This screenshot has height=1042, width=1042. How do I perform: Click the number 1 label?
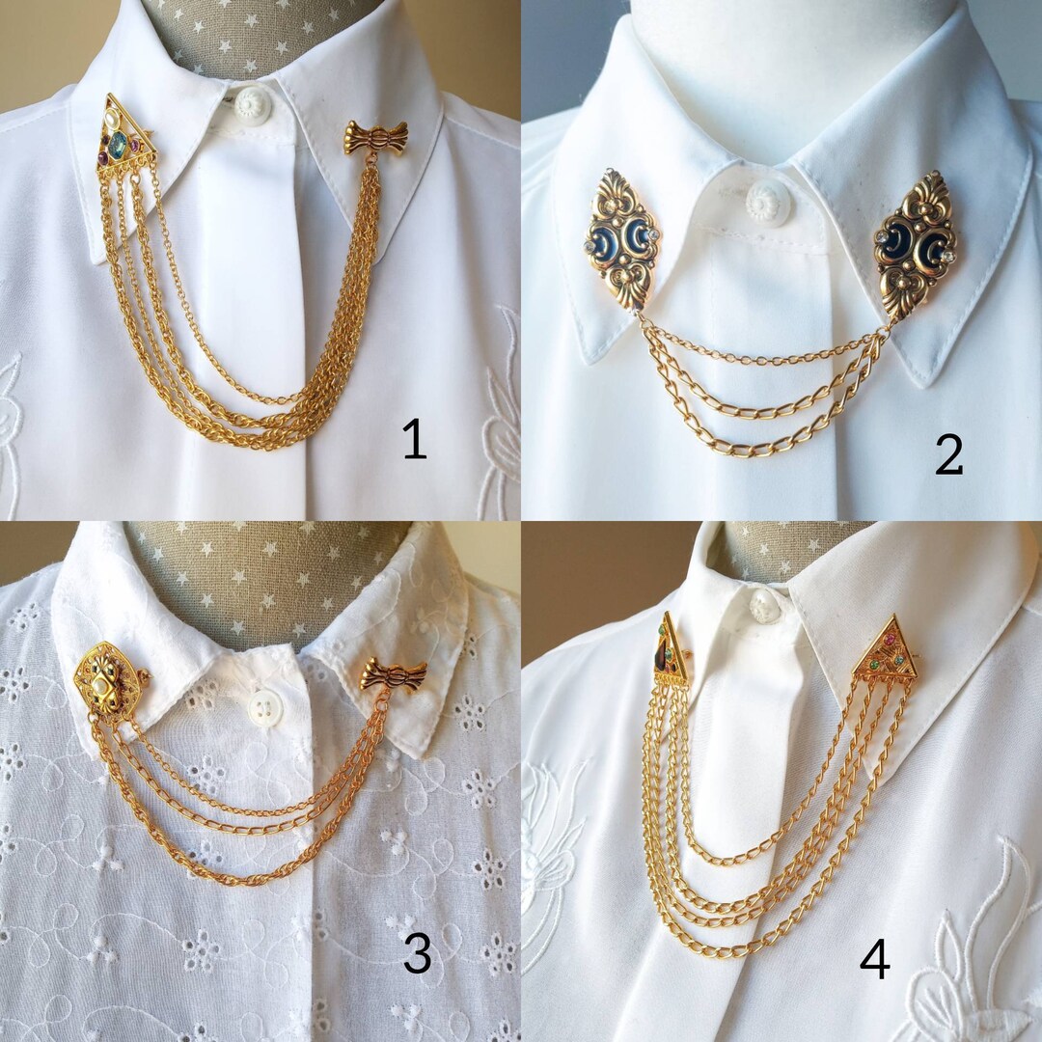pyautogui.click(x=414, y=441)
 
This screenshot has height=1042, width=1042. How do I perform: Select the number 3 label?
pyautogui.click(x=417, y=953)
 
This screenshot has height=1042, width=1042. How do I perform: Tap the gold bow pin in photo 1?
pyautogui.click(x=375, y=138)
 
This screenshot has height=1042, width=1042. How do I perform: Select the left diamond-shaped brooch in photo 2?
pyautogui.click(x=622, y=236)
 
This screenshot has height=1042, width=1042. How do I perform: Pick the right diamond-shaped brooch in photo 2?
pyautogui.click(x=915, y=242)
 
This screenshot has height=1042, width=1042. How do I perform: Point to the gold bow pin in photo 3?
pyautogui.click(x=394, y=673)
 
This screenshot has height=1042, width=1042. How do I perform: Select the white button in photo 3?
pyautogui.click(x=265, y=708)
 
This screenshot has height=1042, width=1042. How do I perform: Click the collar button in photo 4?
pyautogui.click(x=764, y=604)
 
